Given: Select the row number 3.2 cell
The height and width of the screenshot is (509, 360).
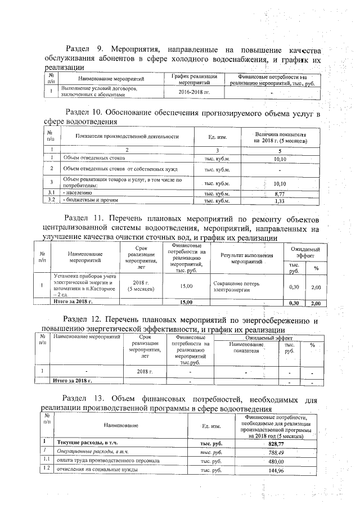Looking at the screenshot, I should [51, 200].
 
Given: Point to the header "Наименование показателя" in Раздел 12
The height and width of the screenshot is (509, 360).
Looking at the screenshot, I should [244, 346].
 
